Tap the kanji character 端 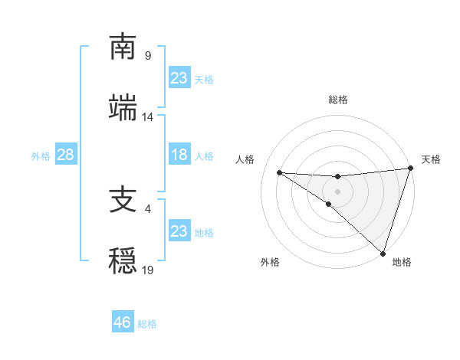pos(123,108)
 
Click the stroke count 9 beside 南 pos(148,56)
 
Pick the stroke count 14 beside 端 pos(148,117)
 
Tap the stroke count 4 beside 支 pos(148,208)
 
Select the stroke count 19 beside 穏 pos(148,270)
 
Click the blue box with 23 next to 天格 pos(179,78)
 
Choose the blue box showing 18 pos(179,155)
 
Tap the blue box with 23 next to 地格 pos(179,231)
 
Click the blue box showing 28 pos(65,155)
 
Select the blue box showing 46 pos(123,322)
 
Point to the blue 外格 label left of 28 pos(41,155)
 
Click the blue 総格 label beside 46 pos(147,324)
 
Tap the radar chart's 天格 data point pos(411,169)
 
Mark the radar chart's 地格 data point pos(383,253)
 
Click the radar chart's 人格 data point pos(279,172)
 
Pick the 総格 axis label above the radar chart pos(338,100)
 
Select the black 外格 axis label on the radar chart pos(270,262)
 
